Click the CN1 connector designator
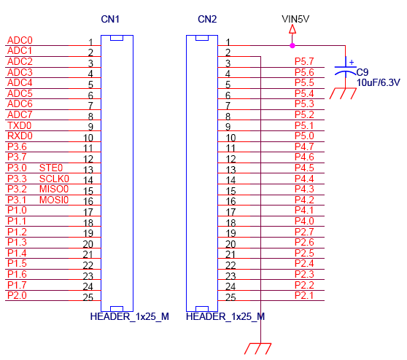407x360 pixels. (x=110, y=19)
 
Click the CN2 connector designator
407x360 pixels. (x=207, y=19)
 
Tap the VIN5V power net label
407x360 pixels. (x=295, y=19)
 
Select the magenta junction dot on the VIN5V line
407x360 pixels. (x=292, y=46)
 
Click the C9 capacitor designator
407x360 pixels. (x=363, y=72)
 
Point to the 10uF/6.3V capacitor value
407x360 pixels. (x=378, y=83)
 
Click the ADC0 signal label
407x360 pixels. (x=20, y=40)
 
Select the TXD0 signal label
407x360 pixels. (x=20, y=125)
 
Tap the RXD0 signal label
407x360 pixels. (x=20, y=136)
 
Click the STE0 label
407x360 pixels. (x=51, y=168)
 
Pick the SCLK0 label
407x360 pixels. (x=54, y=179)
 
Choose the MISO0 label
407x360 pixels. (x=54, y=189)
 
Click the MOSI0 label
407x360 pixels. (x=54, y=200)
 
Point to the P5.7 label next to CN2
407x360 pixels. (x=304, y=61)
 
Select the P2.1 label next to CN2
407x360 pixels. (x=304, y=295)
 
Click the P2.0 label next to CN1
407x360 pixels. (x=17, y=295)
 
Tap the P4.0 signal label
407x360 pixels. (x=304, y=221)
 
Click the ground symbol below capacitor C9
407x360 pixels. (x=343, y=93)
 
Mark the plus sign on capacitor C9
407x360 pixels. (x=352, y=62)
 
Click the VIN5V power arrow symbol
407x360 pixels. (x=292, y=29)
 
